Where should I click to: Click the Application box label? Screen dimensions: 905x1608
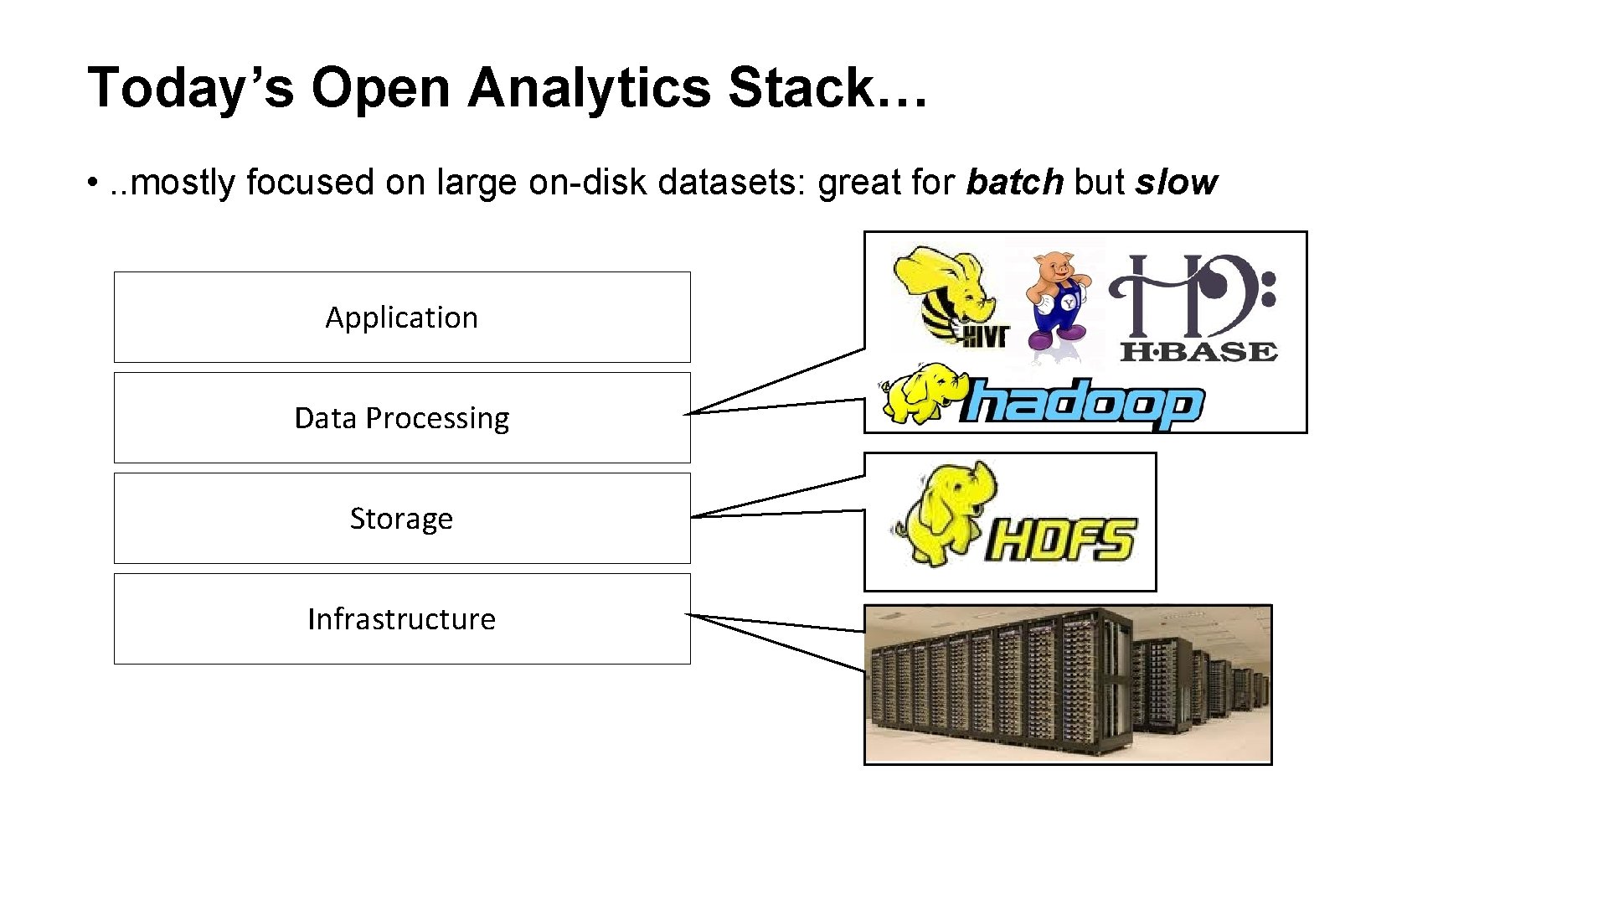(x=401, y=318)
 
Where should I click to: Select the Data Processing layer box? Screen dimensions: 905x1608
(x=402, y=417)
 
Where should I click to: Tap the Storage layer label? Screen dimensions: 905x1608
(x=401, y=519)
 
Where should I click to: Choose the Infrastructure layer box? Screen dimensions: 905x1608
(x=402, y=618)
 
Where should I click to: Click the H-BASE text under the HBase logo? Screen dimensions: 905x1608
(x=1198, y=352)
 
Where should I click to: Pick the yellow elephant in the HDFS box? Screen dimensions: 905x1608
(x=948, y=513)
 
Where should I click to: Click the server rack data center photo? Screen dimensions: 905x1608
(x=1068, y=684)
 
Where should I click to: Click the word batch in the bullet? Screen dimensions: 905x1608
(x=1014, y=183)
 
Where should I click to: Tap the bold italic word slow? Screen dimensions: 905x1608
(x=1176, y=183)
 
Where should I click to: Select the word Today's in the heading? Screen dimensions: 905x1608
(x=191, y=88)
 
